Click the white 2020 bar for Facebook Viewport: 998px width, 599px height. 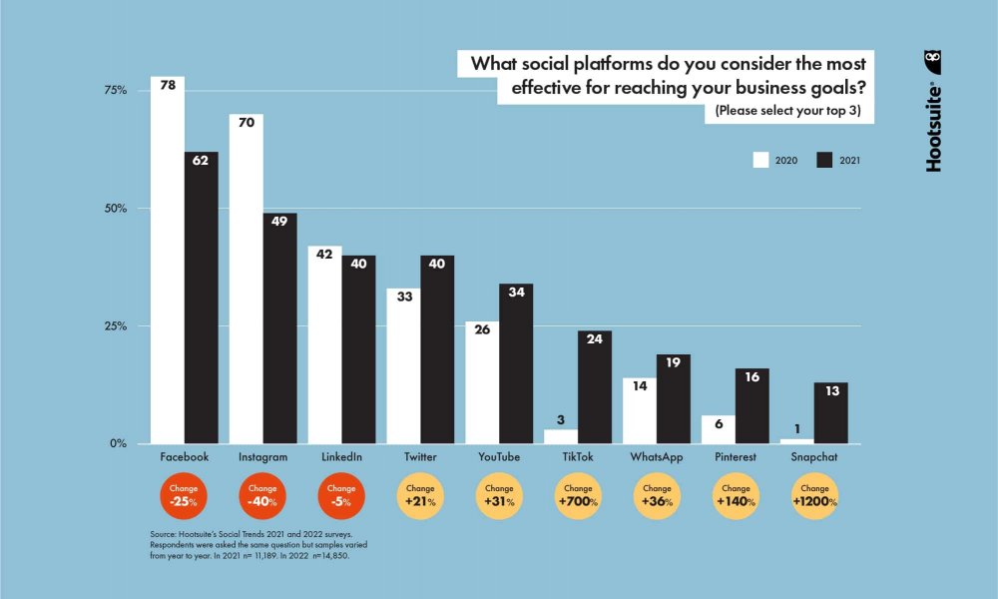click(x=168, y=260)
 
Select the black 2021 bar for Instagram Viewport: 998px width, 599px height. click(x=279, y=328)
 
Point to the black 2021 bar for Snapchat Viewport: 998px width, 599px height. click(x=831, y=413)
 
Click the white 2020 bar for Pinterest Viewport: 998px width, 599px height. click(x=719, y=429)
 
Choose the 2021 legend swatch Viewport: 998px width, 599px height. click(x=824, y=160)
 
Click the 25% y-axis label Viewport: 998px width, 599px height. click(x=116, y=326)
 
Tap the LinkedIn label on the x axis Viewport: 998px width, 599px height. click(x=341, y=456)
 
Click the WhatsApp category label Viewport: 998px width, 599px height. click(x=656, y=456)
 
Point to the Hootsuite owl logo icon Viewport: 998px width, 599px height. click(x=933, y=62)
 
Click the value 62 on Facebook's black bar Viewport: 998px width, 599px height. click(x=202, y=160)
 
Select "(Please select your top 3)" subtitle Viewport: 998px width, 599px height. click(x=787, y=111)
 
